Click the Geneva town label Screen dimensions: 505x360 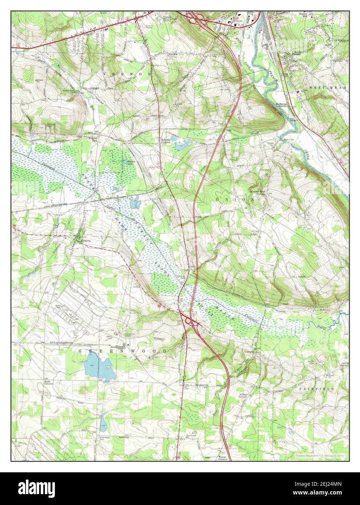pos(86,241)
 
